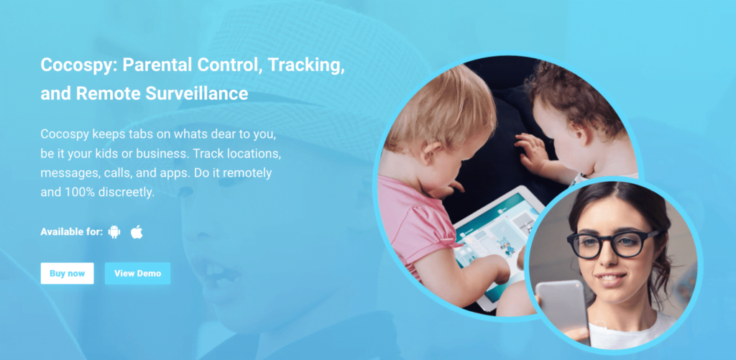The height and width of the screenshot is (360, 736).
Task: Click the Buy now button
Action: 67,273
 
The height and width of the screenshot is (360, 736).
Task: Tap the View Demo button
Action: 137,273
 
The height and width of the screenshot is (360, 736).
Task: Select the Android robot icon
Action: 114,232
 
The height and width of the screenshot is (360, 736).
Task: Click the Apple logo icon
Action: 137,231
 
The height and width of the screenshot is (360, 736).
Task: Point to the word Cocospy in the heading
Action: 78,65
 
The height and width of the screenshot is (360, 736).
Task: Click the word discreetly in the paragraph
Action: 126,193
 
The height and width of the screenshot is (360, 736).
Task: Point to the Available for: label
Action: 71,232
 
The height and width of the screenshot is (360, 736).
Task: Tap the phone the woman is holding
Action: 563,310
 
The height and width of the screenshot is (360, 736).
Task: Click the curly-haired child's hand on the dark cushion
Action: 530,152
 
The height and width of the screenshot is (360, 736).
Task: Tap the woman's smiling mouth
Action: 610,279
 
